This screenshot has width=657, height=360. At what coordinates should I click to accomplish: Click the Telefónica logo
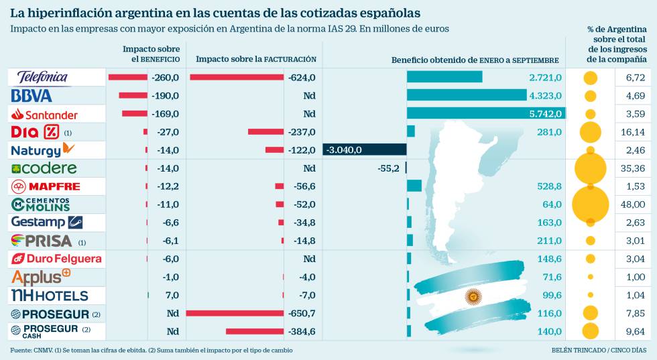tap(42, 77)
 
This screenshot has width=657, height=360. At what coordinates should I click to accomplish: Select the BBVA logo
tap(32, 95)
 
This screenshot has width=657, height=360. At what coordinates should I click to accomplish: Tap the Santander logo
tap(44, 114)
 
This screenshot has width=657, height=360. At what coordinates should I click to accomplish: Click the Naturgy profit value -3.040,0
tap(345, 150)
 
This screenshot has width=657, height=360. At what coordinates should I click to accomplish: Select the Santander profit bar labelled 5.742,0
tap(485, 113)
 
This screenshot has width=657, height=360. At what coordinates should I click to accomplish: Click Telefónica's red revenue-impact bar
tap(237, 78)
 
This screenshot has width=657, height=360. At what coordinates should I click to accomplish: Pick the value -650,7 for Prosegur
tap(301, 313)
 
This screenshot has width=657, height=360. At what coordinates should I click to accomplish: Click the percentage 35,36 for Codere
tap(634, 168)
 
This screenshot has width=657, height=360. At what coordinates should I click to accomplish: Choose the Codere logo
tap(44, 168)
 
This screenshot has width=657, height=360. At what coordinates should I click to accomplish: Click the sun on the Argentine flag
tap(474, 296)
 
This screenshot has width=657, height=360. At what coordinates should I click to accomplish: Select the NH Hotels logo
tap(50, 295)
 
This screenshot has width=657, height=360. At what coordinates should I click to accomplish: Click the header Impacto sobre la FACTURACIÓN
tap(255, 60)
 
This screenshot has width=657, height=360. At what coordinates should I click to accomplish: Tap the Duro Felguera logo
tap(56, 259)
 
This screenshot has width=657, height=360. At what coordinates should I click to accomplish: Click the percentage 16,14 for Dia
tap(634, 132)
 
